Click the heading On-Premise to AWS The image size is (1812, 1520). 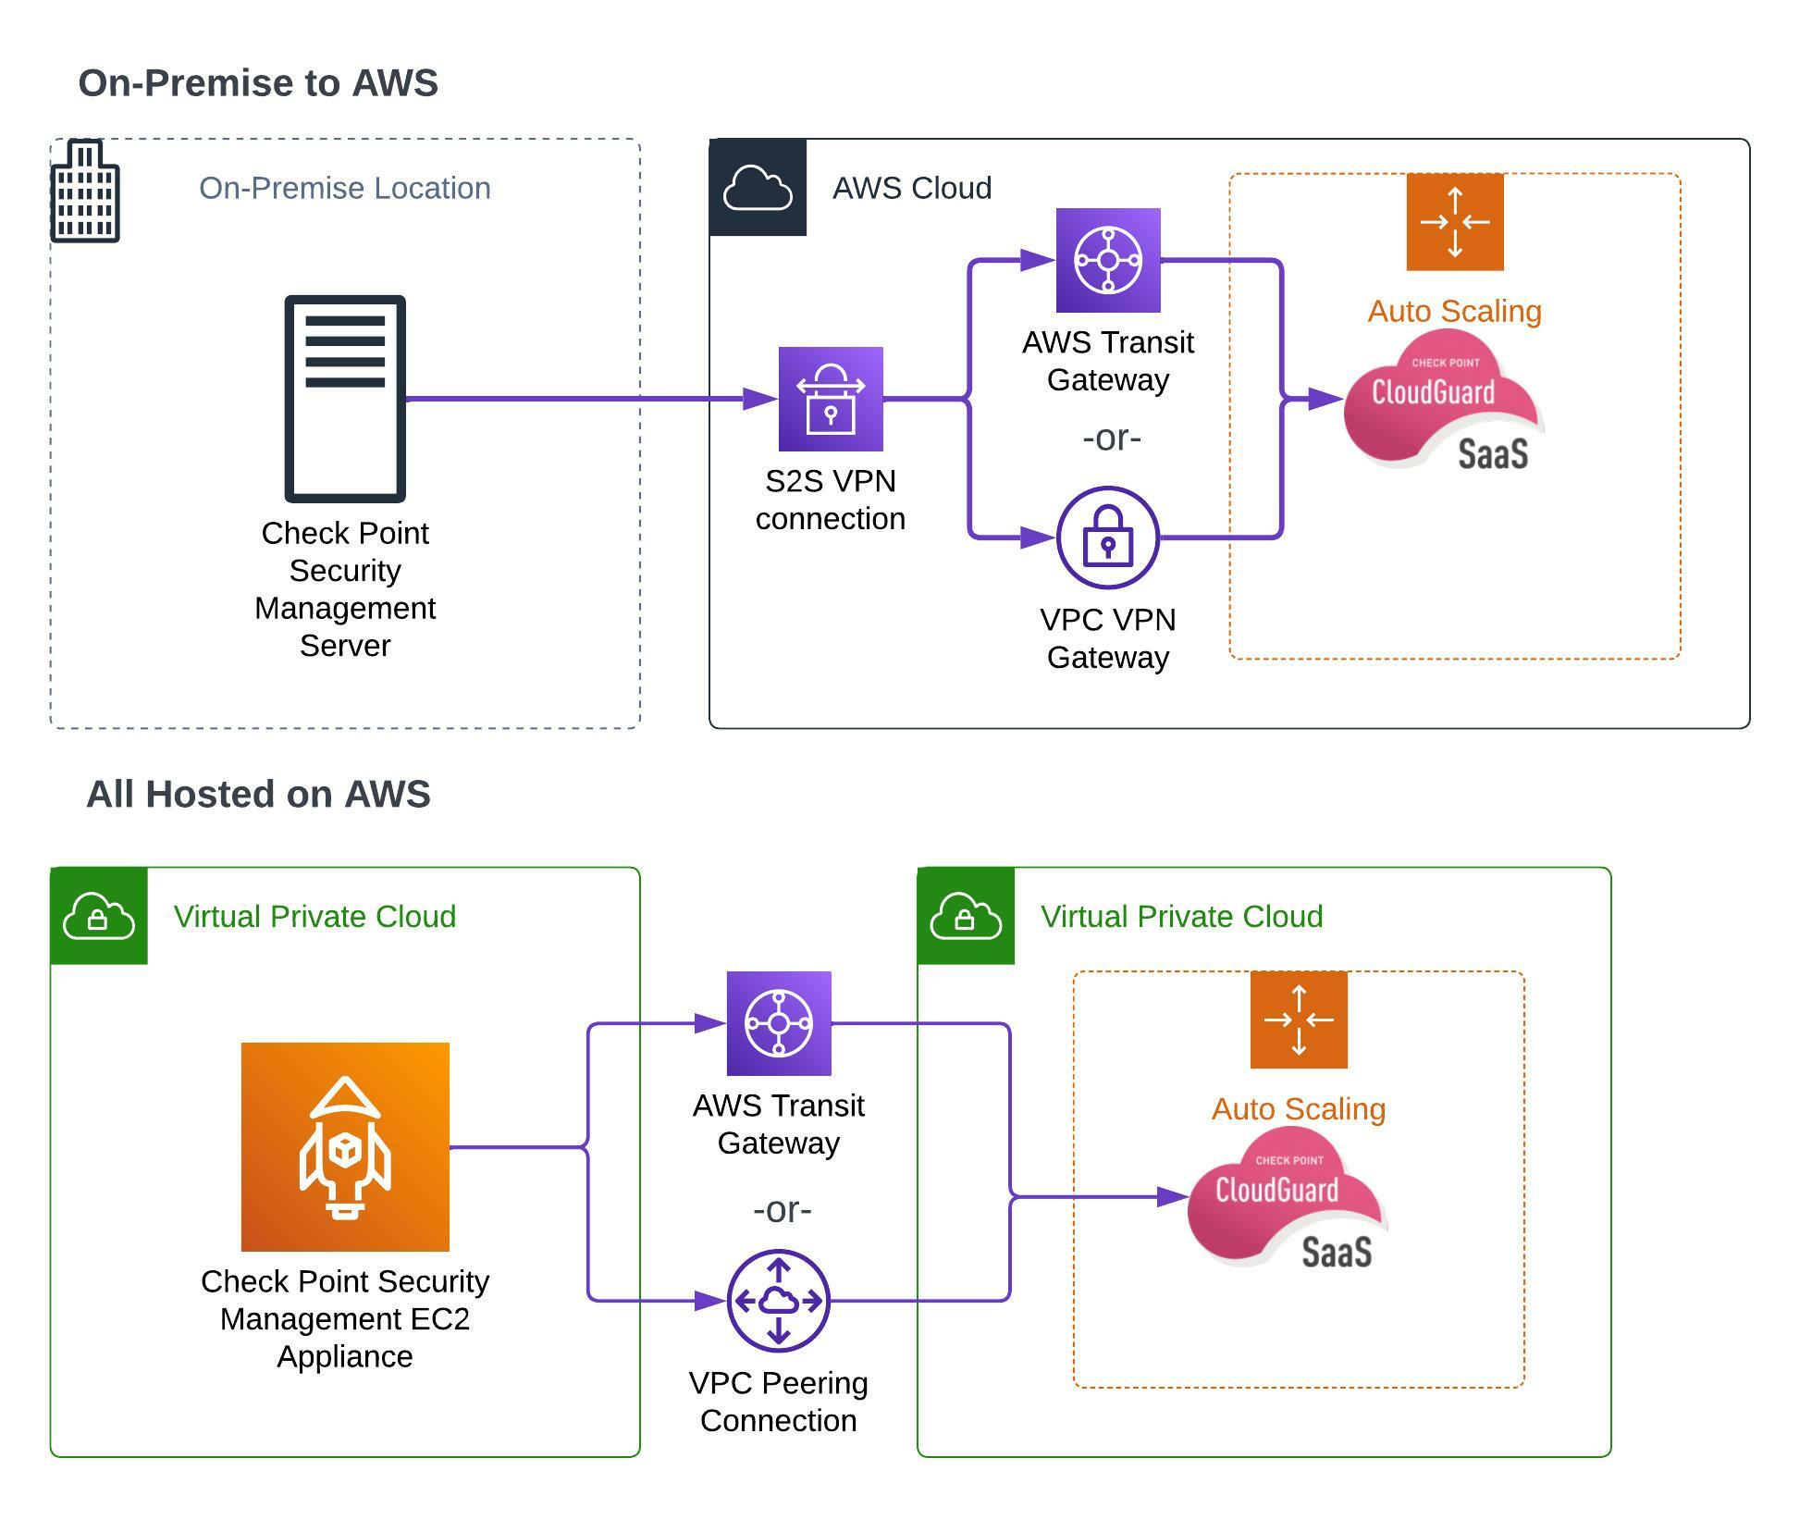tap(258, 83)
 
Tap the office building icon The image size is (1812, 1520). tap(85, 192)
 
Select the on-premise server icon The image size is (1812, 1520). tap(345, 399)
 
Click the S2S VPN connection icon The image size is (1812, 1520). tap(831, 400)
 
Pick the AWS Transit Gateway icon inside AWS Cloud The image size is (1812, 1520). tap(1108, 260)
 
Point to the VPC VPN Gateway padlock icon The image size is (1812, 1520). tap(1108, 538)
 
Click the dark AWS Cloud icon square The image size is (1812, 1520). tap(758, 188)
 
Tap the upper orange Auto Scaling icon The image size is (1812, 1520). tap(1455, 222)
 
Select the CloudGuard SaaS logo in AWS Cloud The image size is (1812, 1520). tap(1443, 400)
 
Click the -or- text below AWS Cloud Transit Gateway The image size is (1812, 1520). tap(1112, 438)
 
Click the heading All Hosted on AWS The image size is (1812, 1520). tap(258, 795)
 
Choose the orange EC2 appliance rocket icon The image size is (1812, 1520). tap(345, 1147)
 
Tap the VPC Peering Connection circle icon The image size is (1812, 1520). tap(779, 1301)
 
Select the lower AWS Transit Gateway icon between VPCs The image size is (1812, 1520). tap(779, 1023)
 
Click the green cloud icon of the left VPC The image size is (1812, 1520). tap(99, 917)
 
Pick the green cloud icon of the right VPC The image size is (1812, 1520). tap(966, 917)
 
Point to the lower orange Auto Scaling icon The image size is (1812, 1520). tap(1299, 1020)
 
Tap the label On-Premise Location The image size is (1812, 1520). tap(345, 189)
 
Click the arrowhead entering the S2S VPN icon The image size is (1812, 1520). tap(760, 399)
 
